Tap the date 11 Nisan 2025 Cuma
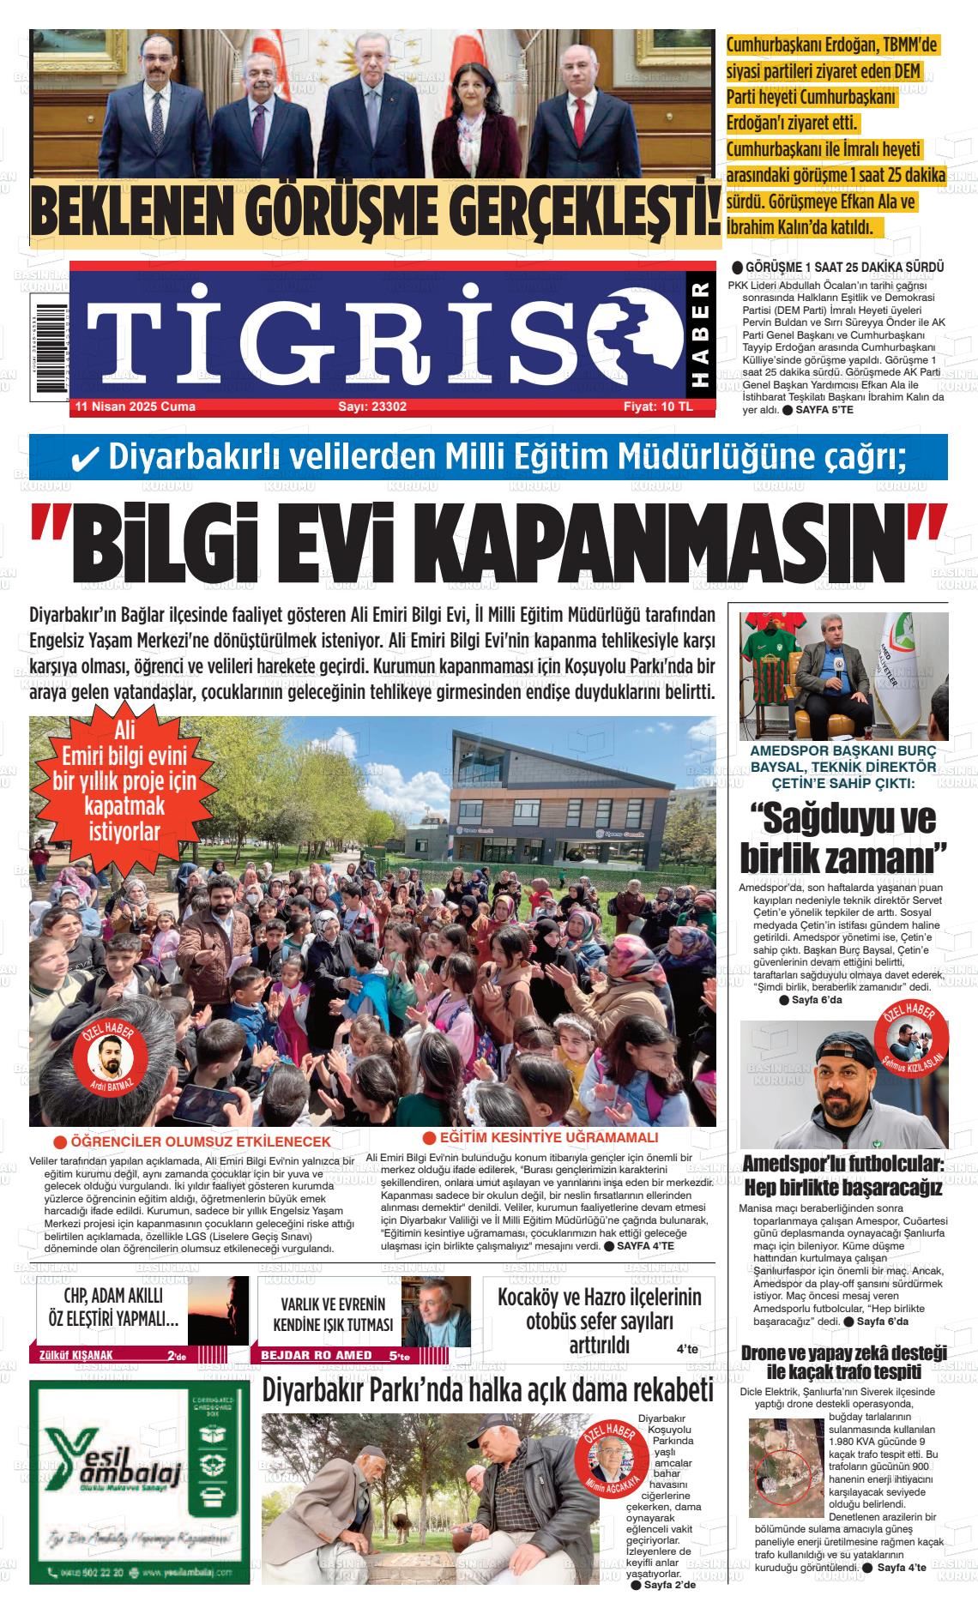point(136,407)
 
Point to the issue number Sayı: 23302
point(372,407)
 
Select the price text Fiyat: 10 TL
point(657,407)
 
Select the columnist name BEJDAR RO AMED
point(317,1355)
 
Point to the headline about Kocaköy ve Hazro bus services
point(599,1320)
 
